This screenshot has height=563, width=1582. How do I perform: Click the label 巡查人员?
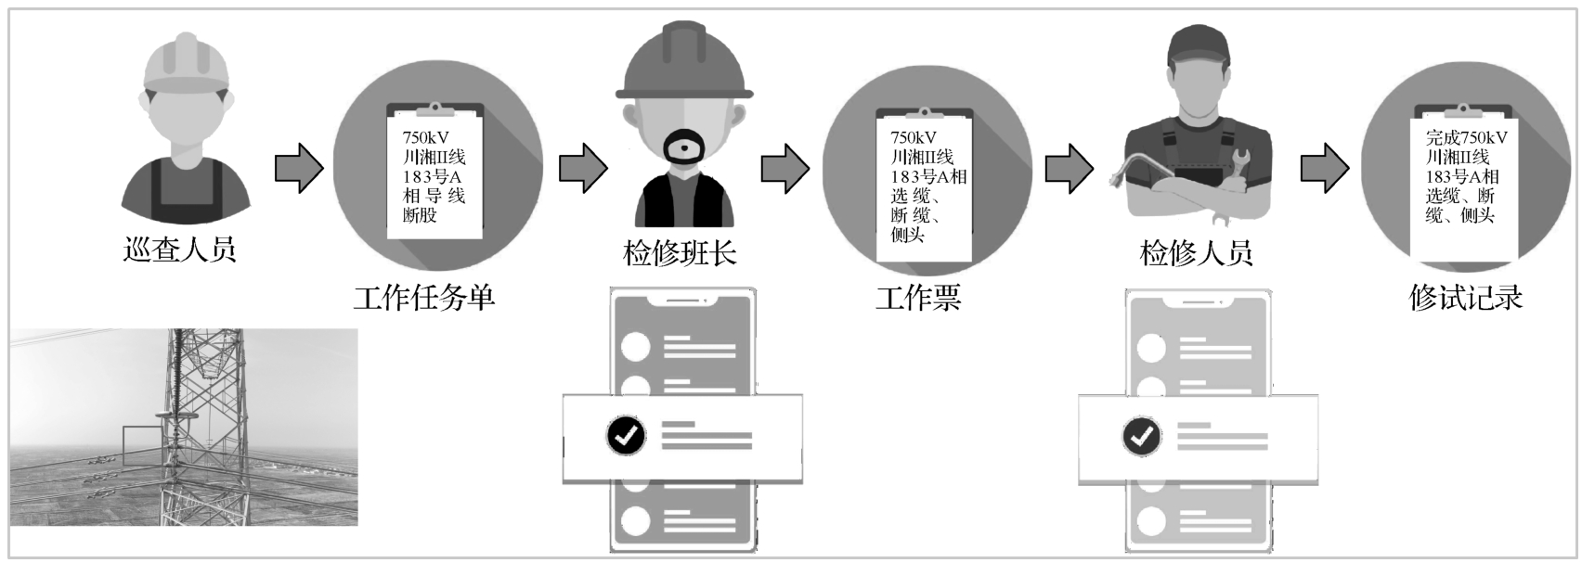coord(180,250)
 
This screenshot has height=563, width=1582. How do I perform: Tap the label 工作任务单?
coord(424,298)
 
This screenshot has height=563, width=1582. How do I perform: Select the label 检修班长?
coord(681,253)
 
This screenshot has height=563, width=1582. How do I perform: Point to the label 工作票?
coord(918,298)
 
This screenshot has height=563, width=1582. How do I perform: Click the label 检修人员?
coord(1197,253)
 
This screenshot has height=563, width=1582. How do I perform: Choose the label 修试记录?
coord(1466,298)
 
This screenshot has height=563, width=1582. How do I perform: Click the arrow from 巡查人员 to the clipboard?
coord(299,169)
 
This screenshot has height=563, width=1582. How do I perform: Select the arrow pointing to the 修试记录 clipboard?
coord(1325,169)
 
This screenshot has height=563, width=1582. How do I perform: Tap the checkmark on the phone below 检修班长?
coord(626,434)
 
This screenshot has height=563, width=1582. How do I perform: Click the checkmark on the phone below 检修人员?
coord(1141,435)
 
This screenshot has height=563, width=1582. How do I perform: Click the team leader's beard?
coord(685,148)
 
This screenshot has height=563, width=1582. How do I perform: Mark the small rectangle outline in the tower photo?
coord(142,445)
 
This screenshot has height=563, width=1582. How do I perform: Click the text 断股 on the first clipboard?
coord(420,215)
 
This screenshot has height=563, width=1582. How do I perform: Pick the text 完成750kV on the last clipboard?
coord(1467,137)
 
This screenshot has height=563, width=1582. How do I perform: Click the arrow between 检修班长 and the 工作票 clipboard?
coord(785,169)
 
